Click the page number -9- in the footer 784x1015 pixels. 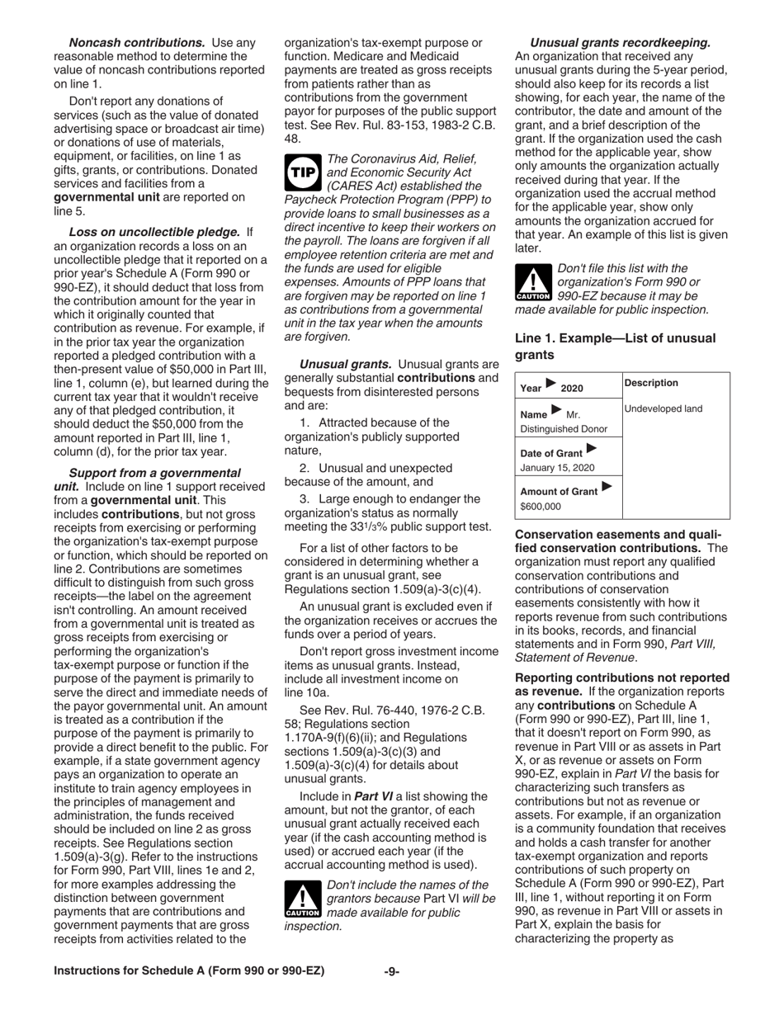(x=392, y=971)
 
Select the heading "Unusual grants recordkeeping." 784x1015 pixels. (x=620, y=42)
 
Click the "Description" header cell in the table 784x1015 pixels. (x=651, y=383)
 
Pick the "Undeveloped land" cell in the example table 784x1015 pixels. (x=663, y=408)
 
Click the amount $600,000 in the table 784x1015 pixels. (x=541, y=506)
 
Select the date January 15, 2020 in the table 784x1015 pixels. (x=557, y=468)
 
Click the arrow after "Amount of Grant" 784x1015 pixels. (x=608, y=487)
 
